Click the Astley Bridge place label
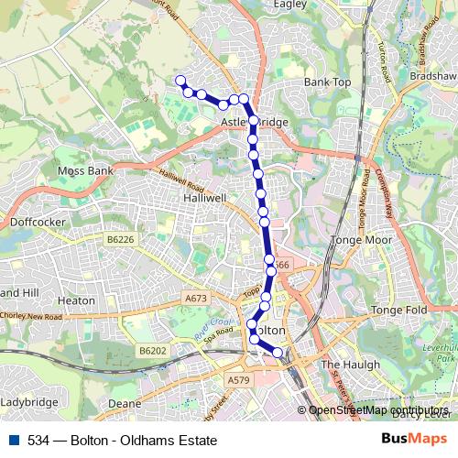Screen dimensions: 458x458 click(254, 122)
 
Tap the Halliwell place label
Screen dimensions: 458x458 click(204, 197)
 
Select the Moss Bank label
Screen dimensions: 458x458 click(84, 170)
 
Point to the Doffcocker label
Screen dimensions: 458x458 click(34, 221)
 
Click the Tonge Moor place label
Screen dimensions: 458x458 click(365, 240)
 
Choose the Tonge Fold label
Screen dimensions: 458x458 click(399, 311)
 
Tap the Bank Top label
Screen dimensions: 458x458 click(328, 82)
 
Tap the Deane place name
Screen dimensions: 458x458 click(124, 402)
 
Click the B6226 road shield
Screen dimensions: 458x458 click(120, 238)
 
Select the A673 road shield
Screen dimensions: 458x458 click(195, 298)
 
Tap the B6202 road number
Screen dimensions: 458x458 click(153, 350)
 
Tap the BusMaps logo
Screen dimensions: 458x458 click(415, 439)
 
